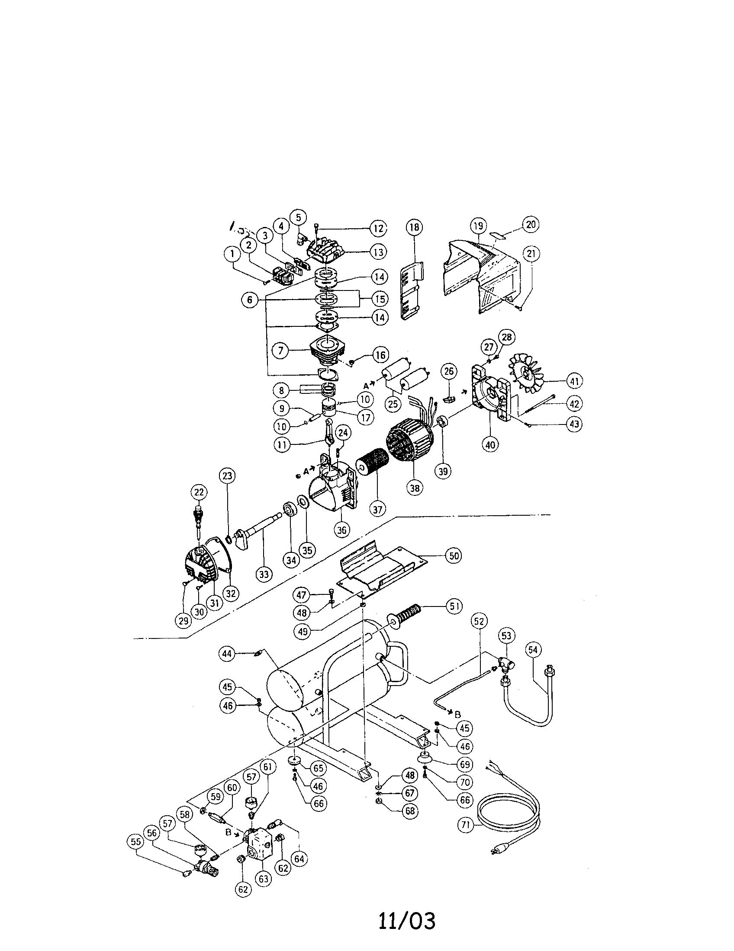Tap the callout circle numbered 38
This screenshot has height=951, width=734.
[x=414, y=488]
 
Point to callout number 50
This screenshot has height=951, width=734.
[x=454, y=555]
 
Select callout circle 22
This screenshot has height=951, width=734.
[x=199, y=492]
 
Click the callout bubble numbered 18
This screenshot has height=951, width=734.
[x=414, y=227]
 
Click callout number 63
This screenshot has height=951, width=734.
[x=264, y=879]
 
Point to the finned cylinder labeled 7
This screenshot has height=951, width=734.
[x=327, y=351]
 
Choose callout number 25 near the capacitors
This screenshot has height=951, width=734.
[x=393, y=404]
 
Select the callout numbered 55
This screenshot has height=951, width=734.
[x=137, y=842]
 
